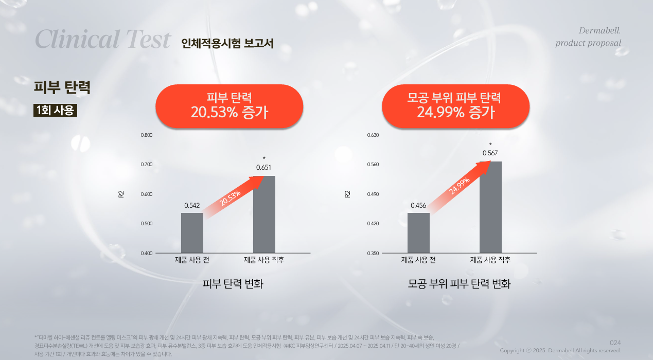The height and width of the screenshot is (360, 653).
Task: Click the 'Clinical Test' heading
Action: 103,40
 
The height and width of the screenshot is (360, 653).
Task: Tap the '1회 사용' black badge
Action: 55,110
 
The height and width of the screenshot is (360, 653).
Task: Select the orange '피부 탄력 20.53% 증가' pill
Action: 229,105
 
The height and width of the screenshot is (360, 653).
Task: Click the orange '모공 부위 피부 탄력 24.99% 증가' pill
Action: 455,105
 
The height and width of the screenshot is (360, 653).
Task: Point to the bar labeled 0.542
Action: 192,233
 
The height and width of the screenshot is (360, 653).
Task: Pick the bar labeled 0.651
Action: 264,214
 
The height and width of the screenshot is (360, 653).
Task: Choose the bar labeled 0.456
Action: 418,233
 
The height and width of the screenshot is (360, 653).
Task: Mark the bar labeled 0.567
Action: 490,207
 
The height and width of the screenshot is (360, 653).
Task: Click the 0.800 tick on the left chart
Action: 147,135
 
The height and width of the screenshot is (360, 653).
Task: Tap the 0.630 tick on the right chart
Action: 373,135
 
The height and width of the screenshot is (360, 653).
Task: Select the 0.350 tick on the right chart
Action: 373,254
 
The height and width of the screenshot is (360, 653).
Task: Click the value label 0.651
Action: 264,168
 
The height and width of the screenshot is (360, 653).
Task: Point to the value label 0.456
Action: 418,205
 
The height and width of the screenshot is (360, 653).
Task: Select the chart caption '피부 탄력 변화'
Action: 233,284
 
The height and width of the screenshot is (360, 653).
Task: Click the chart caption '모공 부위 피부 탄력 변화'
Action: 459,284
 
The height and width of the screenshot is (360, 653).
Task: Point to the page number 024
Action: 615,343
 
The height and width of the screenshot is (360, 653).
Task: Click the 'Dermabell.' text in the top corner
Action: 600,30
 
